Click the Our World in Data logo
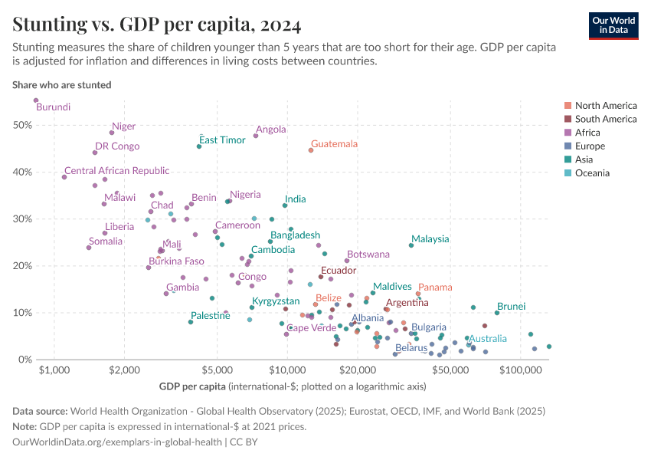613,25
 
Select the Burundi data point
35,100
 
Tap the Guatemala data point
311,150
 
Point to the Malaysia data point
411,245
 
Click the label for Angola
271,130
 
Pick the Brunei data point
497,313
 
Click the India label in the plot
295,199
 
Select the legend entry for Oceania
592,173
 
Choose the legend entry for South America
605,119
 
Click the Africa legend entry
587,133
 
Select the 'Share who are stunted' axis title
62,85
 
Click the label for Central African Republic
116,171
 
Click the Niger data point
112,133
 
